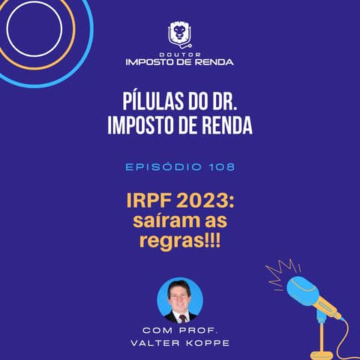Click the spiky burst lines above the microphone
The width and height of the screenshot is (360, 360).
click(x=283, y=268)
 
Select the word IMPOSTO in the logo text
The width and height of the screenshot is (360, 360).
click(x=152, y=61)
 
